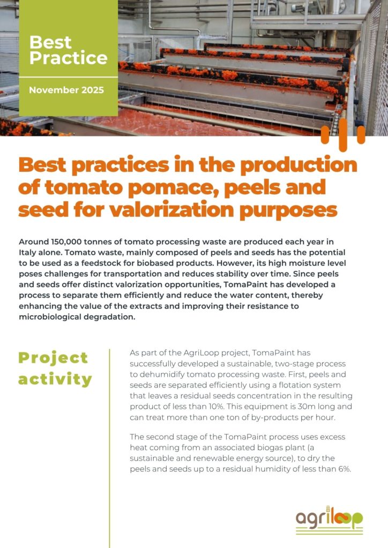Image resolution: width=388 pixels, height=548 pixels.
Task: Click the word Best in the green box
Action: click(50, 42)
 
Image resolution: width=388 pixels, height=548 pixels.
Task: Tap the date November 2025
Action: click(66, 90)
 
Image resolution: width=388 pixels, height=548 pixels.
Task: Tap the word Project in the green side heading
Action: click(53, 358)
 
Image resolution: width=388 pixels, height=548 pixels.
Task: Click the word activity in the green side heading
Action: click(55, 379)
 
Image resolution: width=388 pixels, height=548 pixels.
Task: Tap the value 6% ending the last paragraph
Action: click(345, 469)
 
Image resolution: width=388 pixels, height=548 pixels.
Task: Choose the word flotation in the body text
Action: click(301, 385)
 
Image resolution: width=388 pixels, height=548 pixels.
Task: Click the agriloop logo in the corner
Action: click(329, 520)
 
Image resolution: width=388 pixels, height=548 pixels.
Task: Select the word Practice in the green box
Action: click(69, 58)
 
